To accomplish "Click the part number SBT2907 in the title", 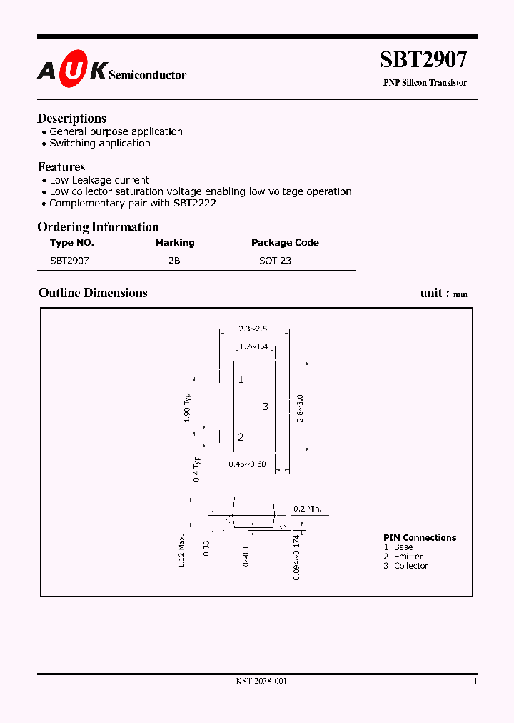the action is click(x=423, y=59).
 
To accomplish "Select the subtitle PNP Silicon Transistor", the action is click(x=425, y=83).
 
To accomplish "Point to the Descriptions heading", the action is click(x=71, y=119).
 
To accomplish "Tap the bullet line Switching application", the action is click(x=99, y=143).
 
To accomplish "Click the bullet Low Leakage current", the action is click(x=99, y=180).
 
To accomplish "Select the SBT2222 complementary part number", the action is click(x=195, y=203).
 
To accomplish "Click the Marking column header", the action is click(x=175, y=243).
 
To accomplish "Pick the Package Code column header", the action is click(x=285, y=243).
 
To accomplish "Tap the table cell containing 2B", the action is click(x=174, y=261).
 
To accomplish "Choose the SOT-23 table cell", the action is click(x=275, y=261).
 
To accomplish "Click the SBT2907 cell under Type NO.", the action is click(x=69, y=261).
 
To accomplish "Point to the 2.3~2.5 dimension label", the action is click(x=253, y=329).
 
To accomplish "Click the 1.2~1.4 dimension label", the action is click(x=253, y=346).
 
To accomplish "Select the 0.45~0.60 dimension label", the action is click(x=247, y=464).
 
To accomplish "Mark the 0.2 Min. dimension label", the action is click(x=308, y=509).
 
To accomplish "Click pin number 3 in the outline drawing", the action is click(x=266, y=407).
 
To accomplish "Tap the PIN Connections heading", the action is click(x=420, y=538).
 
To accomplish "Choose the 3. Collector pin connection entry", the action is click(x=405, y=566).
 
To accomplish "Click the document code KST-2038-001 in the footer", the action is click(x=261, y=682).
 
